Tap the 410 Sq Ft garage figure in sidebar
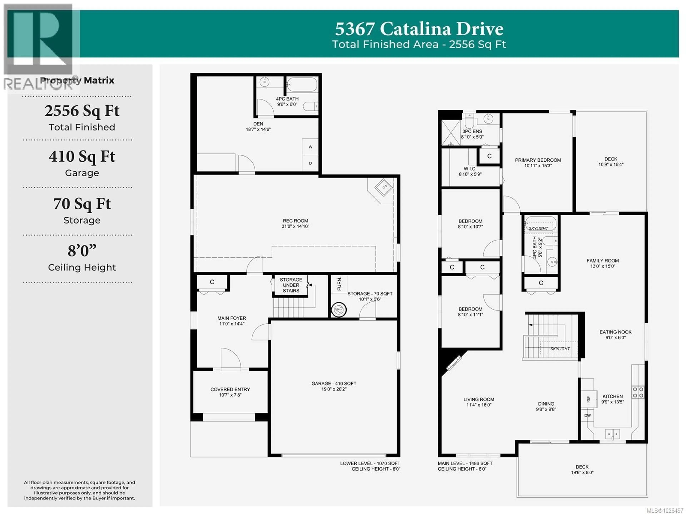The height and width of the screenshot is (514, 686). [x=82, y=157]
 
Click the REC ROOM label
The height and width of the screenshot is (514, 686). [x=295, y=221]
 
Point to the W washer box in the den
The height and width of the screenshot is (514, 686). [x=310, y=147]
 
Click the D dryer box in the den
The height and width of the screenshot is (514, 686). [x=310, y=163]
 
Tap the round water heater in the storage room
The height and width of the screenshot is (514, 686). [x=339, y=309]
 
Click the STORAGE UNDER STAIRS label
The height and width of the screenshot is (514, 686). [x=291, y=285]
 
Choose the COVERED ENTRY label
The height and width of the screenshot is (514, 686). [x=230, y=389]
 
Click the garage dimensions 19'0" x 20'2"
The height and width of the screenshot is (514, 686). [x=334, y=389]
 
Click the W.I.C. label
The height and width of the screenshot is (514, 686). [x=470, y=169]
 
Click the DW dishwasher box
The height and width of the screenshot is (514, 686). [x=587, y=415]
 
